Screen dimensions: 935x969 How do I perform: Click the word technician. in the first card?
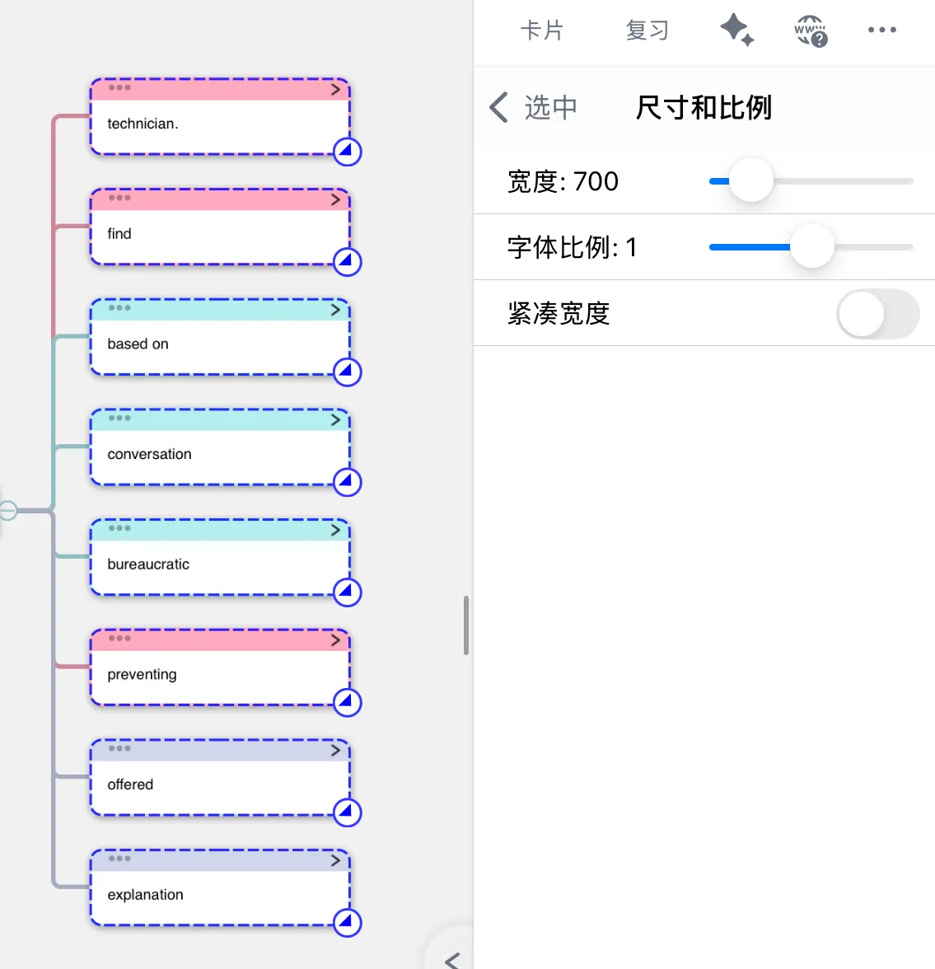pos(143,124)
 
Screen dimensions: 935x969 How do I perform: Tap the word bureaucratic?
pos(148,564)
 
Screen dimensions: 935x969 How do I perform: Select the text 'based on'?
pos(138,344)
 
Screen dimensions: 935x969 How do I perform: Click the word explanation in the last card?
pos(145,895)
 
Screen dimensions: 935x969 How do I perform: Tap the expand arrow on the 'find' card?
pos(335,199)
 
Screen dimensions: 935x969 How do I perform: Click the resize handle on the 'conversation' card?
pos(348,482)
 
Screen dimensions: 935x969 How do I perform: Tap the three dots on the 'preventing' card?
pos(119,639)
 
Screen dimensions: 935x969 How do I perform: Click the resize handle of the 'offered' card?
pos(348,812)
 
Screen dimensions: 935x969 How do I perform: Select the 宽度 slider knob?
pos(750,180)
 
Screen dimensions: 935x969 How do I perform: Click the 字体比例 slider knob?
pos(812,246)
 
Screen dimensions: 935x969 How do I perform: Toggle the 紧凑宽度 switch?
pos(878,314)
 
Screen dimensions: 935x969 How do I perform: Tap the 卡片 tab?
pos(542,30)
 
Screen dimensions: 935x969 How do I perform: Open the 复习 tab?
pos(647,30)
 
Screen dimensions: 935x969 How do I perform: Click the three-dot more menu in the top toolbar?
pos(881,30)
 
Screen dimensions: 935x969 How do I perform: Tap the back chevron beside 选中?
pos(498,107)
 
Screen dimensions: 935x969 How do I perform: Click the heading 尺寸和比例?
pos(704,107)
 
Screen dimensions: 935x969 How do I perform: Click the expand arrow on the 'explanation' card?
pos(335,860)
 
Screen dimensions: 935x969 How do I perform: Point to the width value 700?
pos(596,181)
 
